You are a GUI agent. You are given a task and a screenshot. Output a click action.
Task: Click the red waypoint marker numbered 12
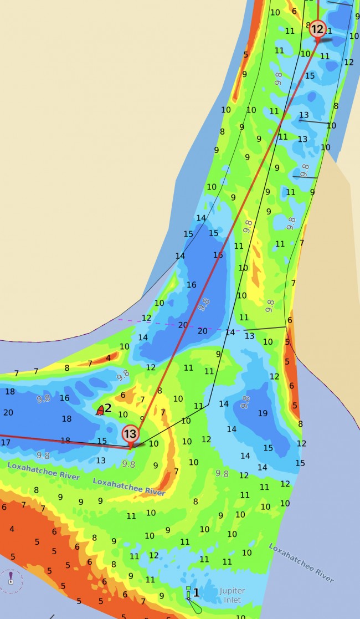(317, 29)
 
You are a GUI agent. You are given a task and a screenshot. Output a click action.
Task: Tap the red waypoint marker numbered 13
(130, 434)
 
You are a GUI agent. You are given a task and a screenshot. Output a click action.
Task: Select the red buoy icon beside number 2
(100, 411)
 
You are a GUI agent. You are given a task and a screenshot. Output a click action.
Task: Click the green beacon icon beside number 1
(188, 594)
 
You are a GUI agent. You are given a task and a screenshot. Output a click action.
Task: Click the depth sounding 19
(263, 413)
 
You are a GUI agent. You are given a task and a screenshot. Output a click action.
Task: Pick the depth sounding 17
(6, 442)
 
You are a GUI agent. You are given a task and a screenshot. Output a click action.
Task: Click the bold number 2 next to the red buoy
(108, 408)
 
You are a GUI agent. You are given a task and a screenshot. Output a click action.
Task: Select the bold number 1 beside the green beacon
(196, 592)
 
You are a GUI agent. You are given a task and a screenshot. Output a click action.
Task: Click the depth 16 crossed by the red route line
(218, 255)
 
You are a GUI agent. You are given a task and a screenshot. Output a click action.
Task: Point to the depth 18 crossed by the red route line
(65, 441)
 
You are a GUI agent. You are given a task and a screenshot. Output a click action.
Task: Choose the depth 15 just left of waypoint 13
(102, 441)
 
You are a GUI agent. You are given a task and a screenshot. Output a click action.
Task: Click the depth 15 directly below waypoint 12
(310, 75)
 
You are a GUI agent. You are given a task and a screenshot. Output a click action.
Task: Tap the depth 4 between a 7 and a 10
(108, 357)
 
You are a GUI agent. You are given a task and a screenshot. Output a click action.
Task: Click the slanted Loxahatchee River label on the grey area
(301, 562)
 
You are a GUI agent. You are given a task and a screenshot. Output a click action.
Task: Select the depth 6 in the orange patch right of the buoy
(123, 395)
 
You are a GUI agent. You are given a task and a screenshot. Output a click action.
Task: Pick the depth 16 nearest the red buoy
(65, 398)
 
